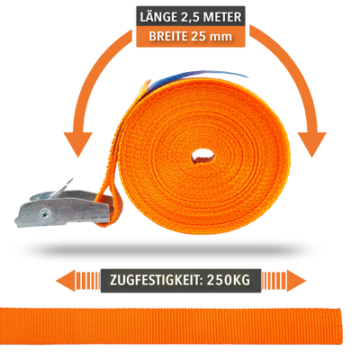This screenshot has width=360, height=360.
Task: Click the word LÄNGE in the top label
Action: (x=158, y=17)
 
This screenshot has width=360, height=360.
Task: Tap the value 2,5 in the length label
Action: (x=190, y=17)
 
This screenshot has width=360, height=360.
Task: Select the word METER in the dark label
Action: (x=222, y=17)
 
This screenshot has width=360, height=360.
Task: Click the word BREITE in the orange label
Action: (x=168, y=36)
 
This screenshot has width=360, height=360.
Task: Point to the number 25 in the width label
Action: (x=198, y=36)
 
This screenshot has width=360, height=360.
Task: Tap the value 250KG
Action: (x=229, y=280)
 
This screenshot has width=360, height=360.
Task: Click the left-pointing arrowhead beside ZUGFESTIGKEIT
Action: (x=66, y=281)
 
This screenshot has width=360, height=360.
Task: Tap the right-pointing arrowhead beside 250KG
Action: (x=296, y=281)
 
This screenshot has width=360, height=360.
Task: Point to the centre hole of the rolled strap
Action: (x=203, y=156)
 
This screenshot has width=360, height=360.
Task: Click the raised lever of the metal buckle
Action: (x=61, y=189)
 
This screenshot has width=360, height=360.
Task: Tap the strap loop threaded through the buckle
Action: (x=111, y=207)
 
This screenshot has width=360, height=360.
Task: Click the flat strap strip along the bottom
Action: (x=171, y=326)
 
